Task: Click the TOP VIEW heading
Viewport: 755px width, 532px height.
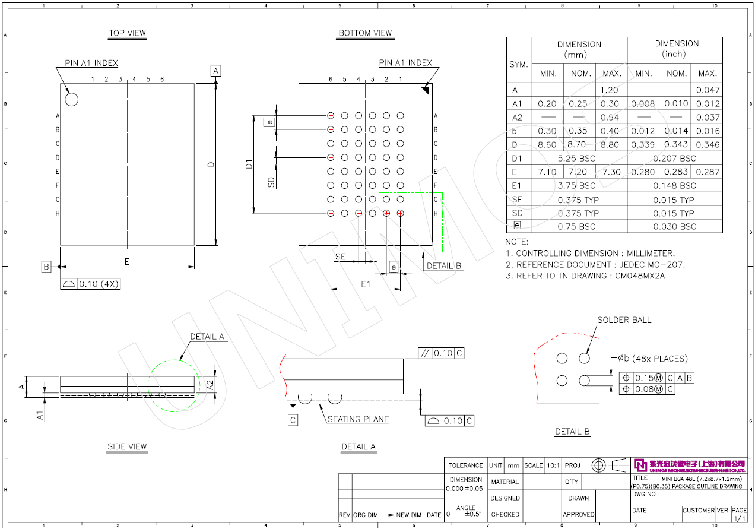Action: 127,33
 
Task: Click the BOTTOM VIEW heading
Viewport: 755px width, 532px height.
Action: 365,33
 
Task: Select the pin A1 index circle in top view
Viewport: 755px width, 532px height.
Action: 71,99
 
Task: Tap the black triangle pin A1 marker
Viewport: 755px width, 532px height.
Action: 425,90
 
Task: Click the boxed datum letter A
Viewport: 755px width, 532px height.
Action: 215,71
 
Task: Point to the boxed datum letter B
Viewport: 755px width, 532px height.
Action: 46,267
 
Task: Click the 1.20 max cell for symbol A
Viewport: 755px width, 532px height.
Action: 610,90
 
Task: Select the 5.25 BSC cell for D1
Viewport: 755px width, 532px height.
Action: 579,159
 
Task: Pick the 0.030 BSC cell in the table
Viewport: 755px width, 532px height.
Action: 674,226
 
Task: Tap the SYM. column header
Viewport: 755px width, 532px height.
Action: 519,64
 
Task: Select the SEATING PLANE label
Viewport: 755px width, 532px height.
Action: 359,419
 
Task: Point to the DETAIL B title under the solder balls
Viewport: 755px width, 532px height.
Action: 572,432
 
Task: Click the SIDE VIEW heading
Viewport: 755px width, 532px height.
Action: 127,446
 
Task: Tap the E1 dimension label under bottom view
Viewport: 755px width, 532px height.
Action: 366,284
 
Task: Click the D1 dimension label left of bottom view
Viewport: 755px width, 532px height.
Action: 249,163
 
